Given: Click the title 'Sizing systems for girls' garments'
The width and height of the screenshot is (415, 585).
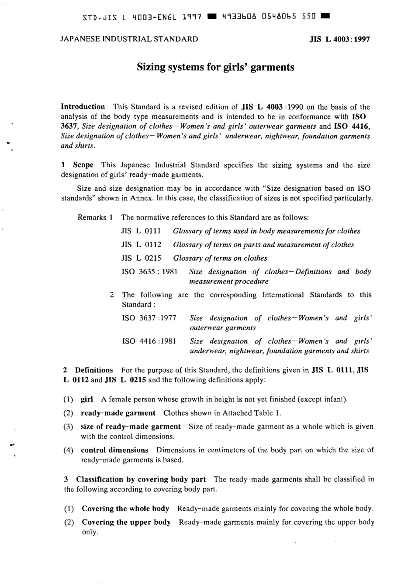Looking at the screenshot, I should click(x=215, y=67).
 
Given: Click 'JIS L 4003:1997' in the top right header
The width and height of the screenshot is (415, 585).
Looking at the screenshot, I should click(x=339, y=39).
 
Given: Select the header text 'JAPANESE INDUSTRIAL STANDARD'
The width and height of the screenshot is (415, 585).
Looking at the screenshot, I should click(x=129, y=39).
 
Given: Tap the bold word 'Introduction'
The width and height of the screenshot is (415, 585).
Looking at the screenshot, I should click(x=83, y=107).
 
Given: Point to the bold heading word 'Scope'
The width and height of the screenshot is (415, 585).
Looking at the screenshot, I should click(x=83, y=165).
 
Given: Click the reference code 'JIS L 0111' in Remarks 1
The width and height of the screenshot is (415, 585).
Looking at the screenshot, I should click(x=141, y=231).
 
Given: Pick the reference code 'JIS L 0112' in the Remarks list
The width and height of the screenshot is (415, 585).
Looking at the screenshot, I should click(x=141, y=244).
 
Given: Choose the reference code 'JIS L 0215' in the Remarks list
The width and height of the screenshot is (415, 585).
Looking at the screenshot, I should click(x=141, y=258).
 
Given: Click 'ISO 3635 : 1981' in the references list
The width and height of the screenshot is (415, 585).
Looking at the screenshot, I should click(x=149, y=272).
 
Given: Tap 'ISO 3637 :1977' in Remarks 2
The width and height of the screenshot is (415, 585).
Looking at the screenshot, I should click(x=149, y=318).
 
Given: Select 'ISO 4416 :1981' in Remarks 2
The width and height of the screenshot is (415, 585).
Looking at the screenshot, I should click(x=149, y=341).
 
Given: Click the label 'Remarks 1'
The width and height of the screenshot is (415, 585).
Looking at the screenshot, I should click(x=95, y=217).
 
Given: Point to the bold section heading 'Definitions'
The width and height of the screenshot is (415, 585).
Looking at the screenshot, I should click(x=94, y=370).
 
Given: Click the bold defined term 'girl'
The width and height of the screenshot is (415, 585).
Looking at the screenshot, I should click(x=87, y=399).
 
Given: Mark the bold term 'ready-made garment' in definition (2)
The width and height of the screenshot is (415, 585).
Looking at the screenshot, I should click(x=118, y=413).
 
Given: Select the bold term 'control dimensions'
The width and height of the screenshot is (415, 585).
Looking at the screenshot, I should click(x=114, y=450).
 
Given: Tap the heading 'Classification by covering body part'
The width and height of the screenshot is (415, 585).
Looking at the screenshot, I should click(x=141, y=479).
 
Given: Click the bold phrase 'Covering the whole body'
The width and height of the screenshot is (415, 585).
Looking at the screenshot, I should click(x=125, y=509).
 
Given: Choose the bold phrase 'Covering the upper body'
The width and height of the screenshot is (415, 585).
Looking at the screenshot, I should click(x=126, y=522).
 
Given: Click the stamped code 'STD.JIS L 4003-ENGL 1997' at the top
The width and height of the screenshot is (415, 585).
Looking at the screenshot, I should click(x=142, y=18).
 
